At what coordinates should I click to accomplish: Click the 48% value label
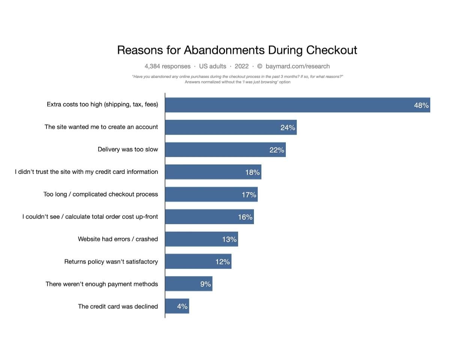[x=421, y=105]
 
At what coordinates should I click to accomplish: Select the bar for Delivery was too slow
[x=225, y=150]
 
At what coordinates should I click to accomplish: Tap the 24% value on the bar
[x=288, y=127]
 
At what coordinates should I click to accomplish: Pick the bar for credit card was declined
[x=177, y=306]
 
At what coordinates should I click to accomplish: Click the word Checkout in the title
[x=331, y=50]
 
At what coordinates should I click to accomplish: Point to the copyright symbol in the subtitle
[x=259, y=66]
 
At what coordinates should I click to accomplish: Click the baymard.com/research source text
[x=297, y=66]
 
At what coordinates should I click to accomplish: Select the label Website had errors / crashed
[x=118, y=239]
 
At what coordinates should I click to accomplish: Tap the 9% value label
[x=205, y=284]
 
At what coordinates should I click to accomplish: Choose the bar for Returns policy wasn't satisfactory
[x=198, y=261]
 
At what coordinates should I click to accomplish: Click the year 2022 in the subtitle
[x=241, y=66]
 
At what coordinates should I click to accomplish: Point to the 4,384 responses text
[x=168, y=66]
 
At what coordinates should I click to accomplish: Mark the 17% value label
[x=249, y=195]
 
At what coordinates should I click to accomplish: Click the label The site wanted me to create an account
[x=101, y=127]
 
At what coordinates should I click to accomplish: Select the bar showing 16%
[x=210, y=217]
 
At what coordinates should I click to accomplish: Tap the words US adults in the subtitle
[x=213, y=66]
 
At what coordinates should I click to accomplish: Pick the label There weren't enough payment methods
[x=102, y=284]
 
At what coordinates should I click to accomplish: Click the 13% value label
[x=229, y=239]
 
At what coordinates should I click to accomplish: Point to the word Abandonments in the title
[x=224, y=50]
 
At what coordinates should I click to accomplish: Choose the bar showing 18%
[x=213, y=172]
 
